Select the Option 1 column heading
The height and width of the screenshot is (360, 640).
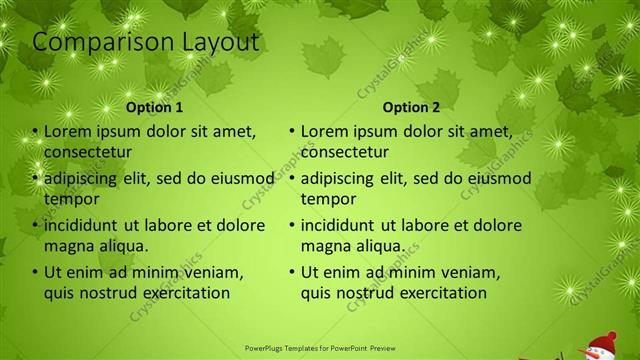(155, 107)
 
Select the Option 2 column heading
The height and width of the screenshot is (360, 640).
(411, 107)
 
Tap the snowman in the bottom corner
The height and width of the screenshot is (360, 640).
(600, 346)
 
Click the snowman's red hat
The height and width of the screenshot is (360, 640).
(603, 336)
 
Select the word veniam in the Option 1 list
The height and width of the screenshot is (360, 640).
(216, 272)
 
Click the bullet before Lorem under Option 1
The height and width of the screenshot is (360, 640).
(35, 132)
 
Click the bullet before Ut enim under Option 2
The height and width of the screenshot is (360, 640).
(292, 273)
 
